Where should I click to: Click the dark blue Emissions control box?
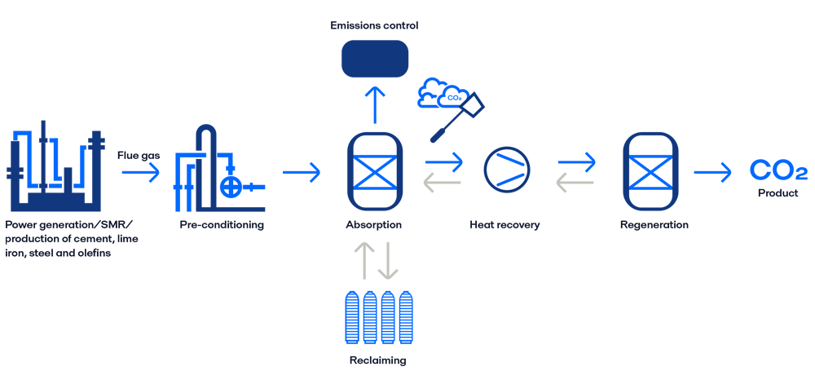pyautogui.click(x=374, y=59)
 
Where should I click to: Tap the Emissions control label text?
pyautogui.click(x=374, y=25)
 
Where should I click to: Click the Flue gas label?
pyautogui.click(x=138, y=153)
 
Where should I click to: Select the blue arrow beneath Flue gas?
pyautogui.click(x=138, y=172)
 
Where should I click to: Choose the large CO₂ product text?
pyautogui.click(x=778, y=171)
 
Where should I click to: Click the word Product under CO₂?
pyautogui.click(x=778, y=194)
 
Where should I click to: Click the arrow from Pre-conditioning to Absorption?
pyautogui.click(x=302, y=172)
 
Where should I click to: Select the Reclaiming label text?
pyautogui.click(x=375, y=360)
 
